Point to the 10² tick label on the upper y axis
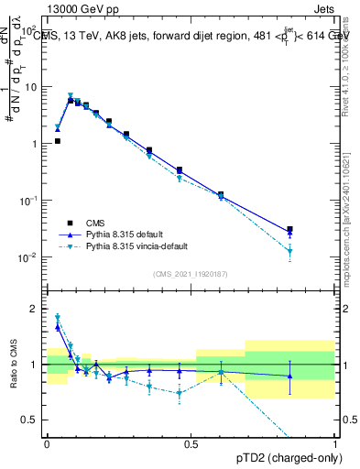pos(30,30)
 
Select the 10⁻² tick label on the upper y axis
pos(29,257)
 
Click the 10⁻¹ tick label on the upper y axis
pos(29,201)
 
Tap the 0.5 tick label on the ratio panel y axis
pos(33,420)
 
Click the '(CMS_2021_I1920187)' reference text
pos(190,274)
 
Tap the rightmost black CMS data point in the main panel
pos(289,230)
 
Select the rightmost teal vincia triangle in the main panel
pos(289,251)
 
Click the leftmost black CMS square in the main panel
pos(57,141)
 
